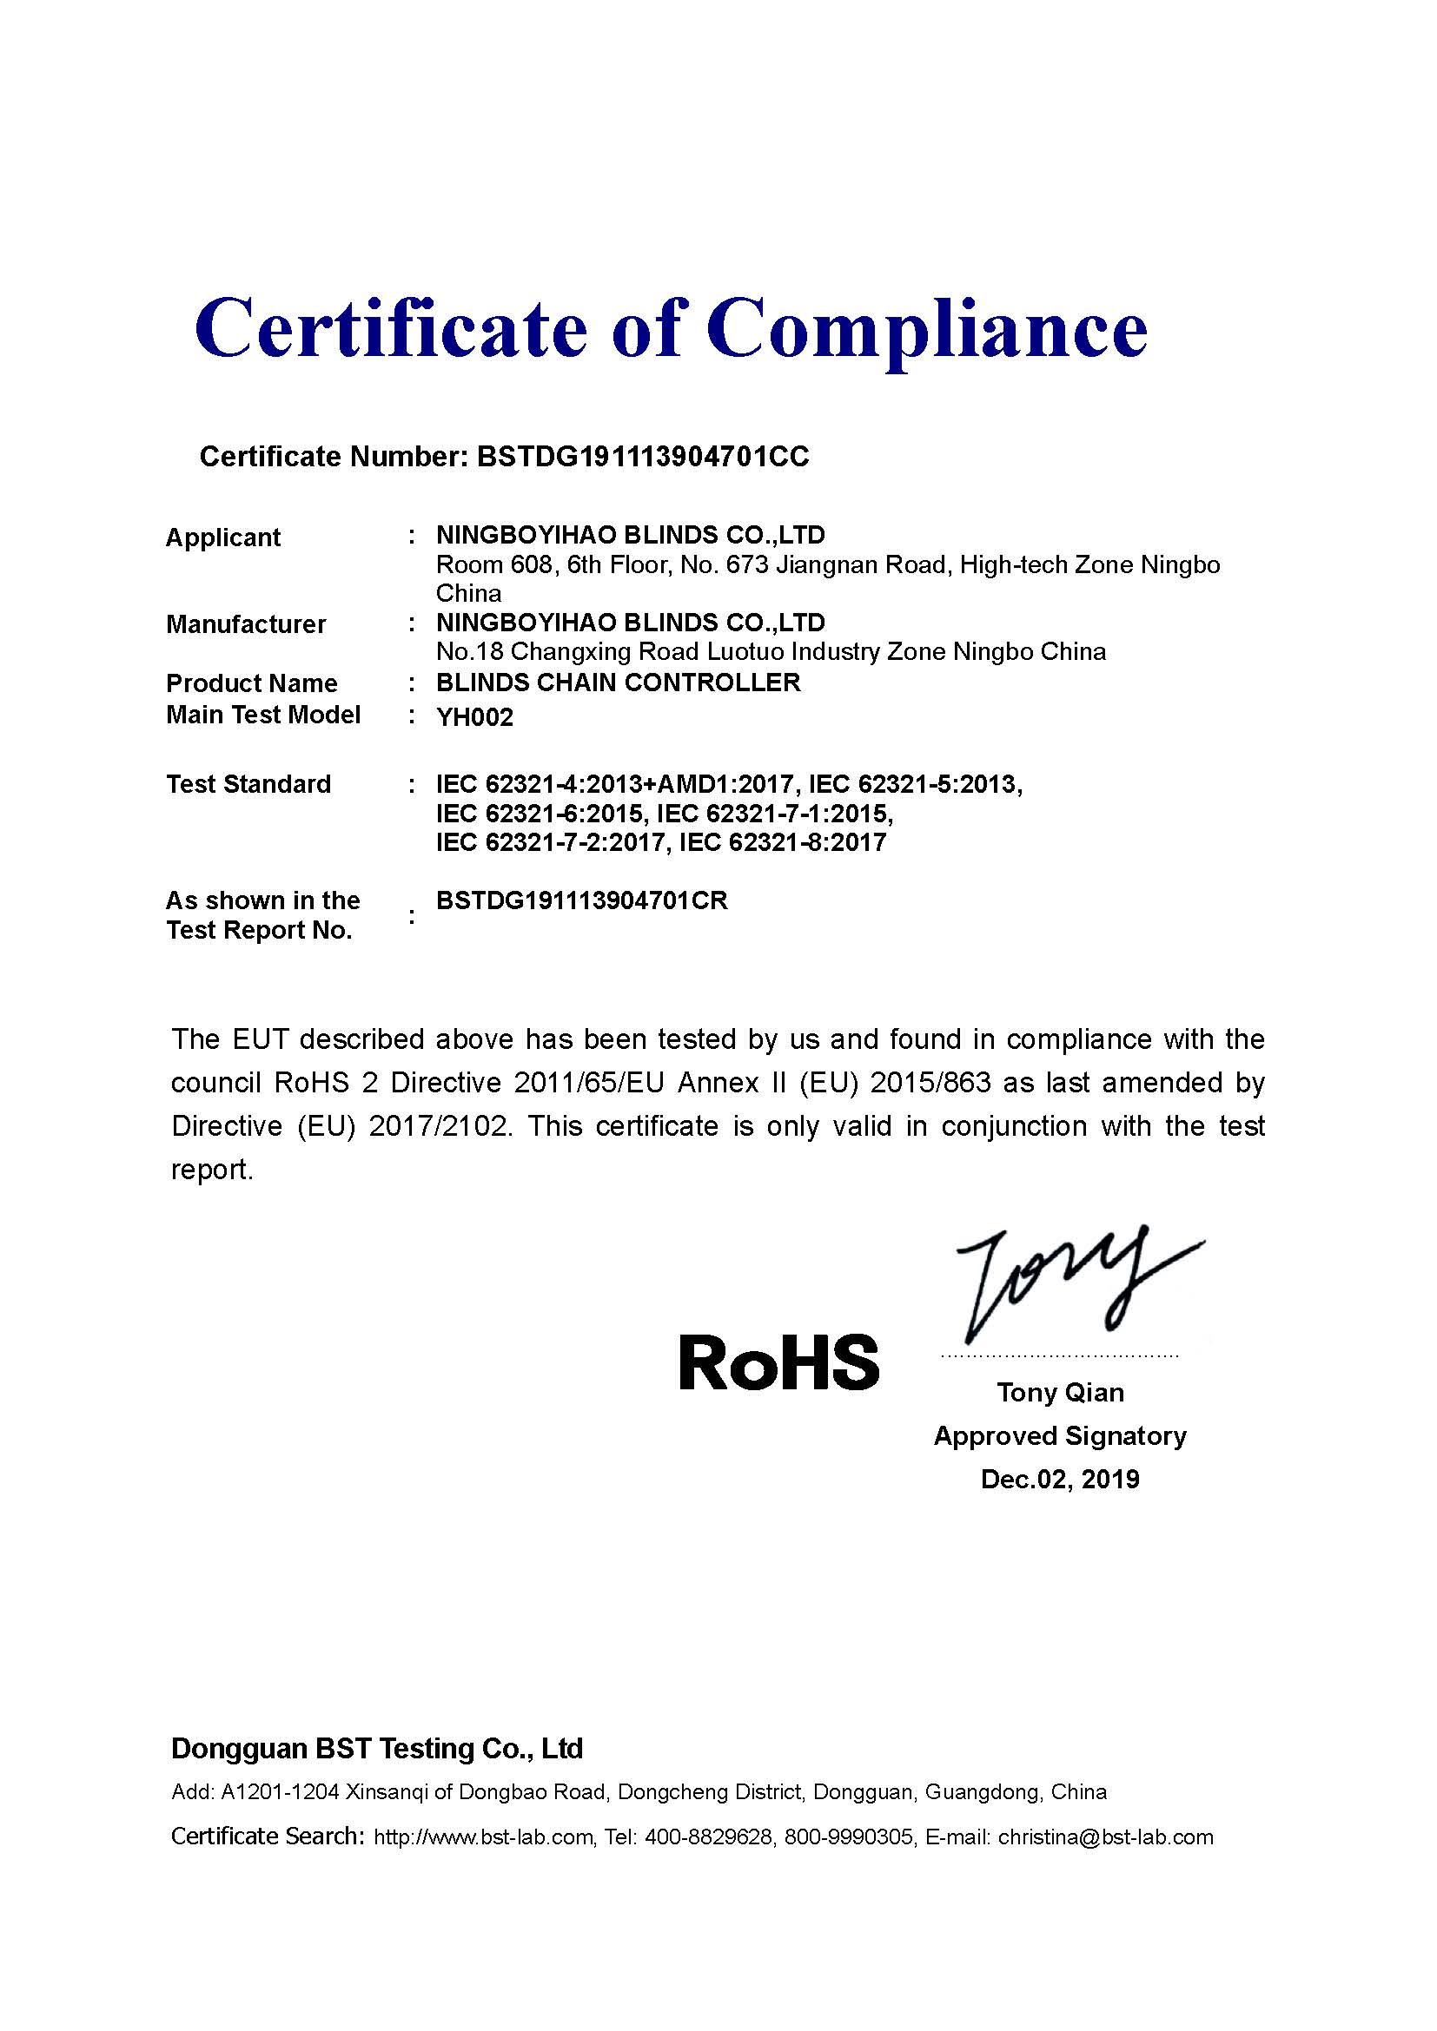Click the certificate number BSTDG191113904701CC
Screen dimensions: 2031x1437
click(642, 457)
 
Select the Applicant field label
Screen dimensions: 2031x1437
click(223, 537)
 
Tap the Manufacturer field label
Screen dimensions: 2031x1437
click(246, 624)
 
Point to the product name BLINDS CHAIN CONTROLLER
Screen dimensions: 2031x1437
click(619, 682)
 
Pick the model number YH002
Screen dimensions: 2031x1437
click(474, 717)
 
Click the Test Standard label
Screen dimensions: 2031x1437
click(248, 785)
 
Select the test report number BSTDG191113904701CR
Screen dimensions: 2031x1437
click(581, 900)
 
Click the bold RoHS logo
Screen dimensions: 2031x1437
click(778, 1363)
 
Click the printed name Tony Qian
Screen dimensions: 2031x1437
click(1060, 1393)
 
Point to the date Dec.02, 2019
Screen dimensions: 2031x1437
click(1060, 1479)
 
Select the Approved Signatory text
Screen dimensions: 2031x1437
click(1060, 1435)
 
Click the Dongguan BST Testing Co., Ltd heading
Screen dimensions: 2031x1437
click(377, 1749)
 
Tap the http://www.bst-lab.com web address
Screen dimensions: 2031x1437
click(483, 1837)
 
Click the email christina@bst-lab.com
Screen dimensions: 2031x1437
click(1105, 1837)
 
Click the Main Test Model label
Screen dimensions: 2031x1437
click(262, 715)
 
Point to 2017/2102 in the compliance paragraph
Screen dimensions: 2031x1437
click(440, 1126)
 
